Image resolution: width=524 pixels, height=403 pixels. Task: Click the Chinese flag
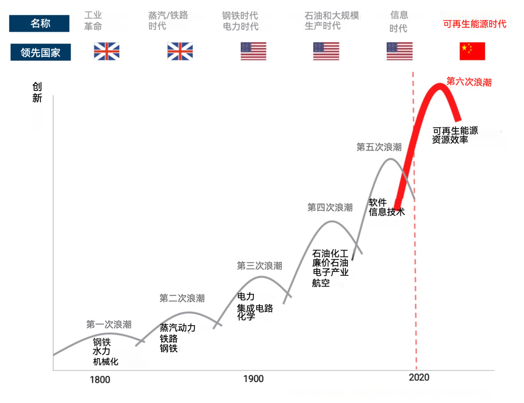click(x=472, y=51)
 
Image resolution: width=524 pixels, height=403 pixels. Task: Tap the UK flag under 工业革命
click(x=107, y=51)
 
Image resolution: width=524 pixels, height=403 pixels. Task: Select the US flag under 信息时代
click(x=399, y=51)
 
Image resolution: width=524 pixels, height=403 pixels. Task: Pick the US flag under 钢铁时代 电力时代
click(x=253, y=51)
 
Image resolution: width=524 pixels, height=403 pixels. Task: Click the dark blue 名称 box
click(x=39, y=23)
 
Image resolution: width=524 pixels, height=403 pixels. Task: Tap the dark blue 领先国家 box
click(x=41, y=52)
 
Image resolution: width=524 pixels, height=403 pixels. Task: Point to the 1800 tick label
click(x=100, y=380)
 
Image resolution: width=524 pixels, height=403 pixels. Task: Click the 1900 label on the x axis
click(x=253, y=379)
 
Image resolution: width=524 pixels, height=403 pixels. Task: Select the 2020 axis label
click(x=419, y=378)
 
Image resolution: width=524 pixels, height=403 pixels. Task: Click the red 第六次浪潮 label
click(x=469, y=82)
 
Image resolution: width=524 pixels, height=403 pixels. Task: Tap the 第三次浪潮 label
click(x=259, y=266)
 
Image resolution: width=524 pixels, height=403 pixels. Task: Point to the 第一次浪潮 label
click(x=109, y=324)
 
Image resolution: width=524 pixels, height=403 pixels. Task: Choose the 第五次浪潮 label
click(x=379, y=147)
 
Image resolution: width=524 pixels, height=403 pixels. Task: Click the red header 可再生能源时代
click(x=474, y=24)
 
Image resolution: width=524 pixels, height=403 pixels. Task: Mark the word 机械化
click(x=105, y=362)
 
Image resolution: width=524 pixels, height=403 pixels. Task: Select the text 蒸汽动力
click(x=177, y=328)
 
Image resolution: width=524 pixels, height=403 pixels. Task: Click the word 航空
click(x=321, y=283)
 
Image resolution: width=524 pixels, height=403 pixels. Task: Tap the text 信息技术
click(x=386, y=212)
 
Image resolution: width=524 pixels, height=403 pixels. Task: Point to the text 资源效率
click(x=450, y=140)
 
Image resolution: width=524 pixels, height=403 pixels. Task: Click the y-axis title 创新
click(x=37, y=92)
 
